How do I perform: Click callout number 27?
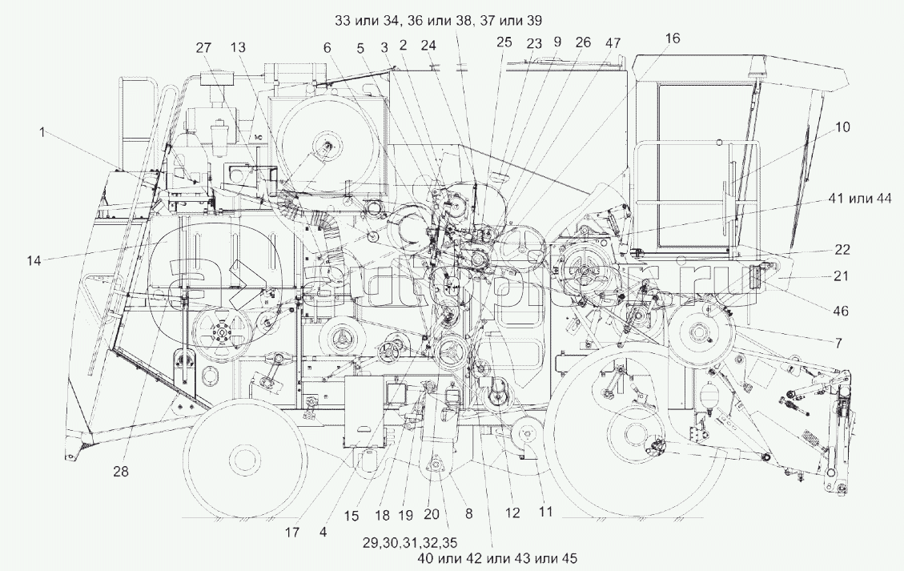[202, 47]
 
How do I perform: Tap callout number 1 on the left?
[41, 132]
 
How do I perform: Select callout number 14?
[33, 259]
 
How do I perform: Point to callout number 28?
[120, 472]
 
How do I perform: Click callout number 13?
[238, 47]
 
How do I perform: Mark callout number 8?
[468, 513]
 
